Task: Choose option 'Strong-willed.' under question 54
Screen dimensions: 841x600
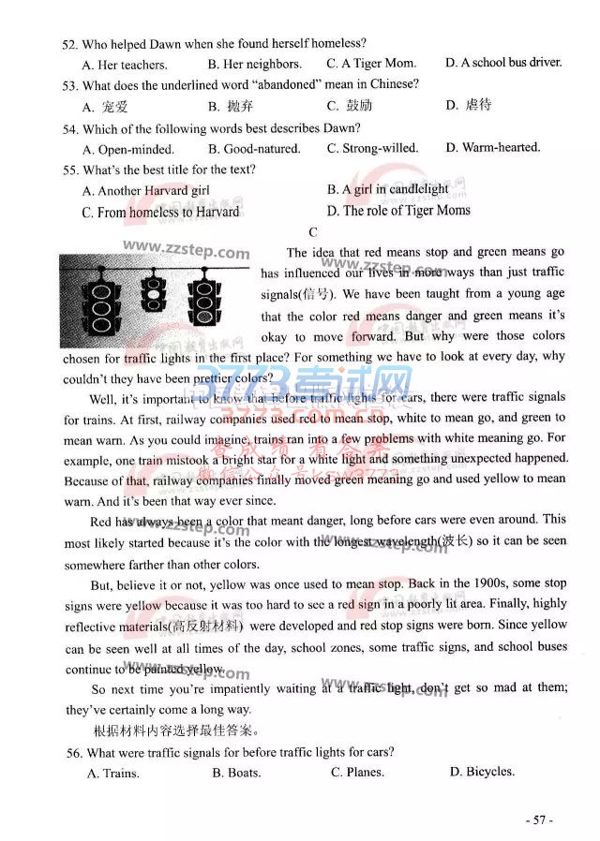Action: pos(372,148)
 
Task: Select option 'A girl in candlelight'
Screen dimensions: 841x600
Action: pos(387,189)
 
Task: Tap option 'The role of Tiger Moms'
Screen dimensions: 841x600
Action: pos(398,211)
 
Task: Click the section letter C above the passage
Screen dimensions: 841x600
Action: pos(312,232)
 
